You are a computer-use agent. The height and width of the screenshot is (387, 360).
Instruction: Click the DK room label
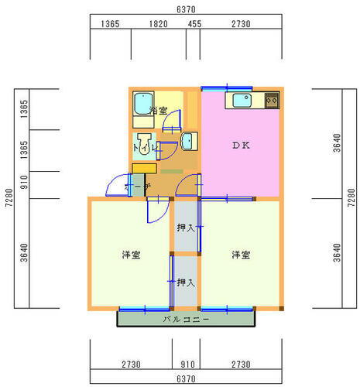coord(239,145)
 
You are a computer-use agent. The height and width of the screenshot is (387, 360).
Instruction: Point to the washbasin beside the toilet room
coord(187,140)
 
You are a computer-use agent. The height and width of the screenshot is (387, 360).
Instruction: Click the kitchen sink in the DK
coord(240,100)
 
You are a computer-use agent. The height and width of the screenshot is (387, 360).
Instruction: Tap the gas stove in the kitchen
coord(271,100)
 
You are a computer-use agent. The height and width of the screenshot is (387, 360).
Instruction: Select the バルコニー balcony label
coord(186,319)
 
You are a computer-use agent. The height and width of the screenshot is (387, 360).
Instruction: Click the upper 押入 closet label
coord(185,228)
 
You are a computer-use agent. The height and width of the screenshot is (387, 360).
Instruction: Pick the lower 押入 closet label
coord(185,283)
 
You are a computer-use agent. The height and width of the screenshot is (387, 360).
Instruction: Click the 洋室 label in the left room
coord(130,255)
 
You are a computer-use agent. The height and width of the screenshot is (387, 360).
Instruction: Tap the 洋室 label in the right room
coord(240,255)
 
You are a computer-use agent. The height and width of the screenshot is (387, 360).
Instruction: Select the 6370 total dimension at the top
coord(185,8)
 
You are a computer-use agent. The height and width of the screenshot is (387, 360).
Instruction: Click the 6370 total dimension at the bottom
coord(185,378)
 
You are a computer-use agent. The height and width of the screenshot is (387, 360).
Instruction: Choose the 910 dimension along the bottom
coord(186,363)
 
